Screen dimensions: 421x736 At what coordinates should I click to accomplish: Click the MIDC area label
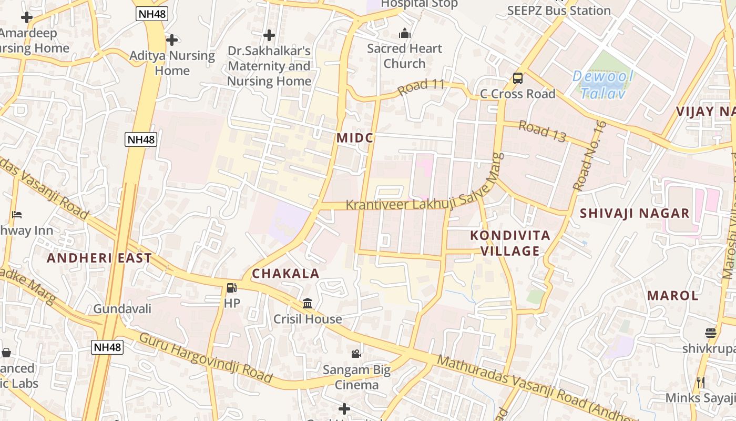[x=355, y=138]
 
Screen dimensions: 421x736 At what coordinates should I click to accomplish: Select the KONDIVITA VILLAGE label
[x=510, y=243]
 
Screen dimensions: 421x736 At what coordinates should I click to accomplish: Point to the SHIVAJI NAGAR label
[x=635, y=213]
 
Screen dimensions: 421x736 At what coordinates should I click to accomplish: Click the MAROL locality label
[x=673, y=295]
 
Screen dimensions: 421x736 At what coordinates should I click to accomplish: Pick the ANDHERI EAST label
[x=99, y=258]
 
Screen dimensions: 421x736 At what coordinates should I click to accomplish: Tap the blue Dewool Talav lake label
[x=603, y=85]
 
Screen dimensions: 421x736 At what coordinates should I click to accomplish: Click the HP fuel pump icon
[x=231, y=288]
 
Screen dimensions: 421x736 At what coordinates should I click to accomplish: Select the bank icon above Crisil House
[x=308, y=304]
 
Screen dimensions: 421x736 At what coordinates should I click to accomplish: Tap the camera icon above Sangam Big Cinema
[x=356, y=354]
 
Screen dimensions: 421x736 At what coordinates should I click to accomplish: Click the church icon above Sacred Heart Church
[x=404, y=34]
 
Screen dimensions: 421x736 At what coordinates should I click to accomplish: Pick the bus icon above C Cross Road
[x=518, y=78]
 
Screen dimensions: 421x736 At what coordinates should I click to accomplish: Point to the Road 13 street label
[x=542, y=131]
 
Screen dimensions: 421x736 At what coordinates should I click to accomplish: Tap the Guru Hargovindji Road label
[x=206, y=357]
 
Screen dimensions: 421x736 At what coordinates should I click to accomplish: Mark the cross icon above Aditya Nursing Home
[x=172, y=40]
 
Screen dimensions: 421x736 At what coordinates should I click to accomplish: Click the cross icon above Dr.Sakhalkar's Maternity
[x=269, y=35]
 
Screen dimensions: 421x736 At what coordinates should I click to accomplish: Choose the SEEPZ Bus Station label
[x=559, y=11]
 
